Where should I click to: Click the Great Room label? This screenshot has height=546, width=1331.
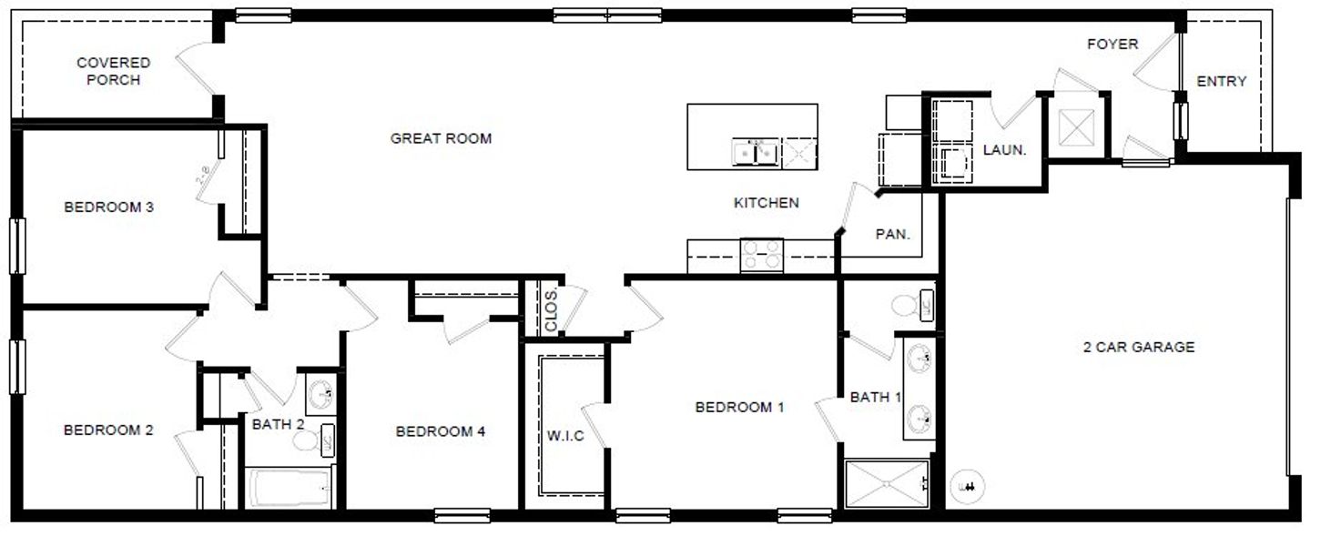click(441, 138)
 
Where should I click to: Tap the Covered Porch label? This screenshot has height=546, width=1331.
click(113, 71)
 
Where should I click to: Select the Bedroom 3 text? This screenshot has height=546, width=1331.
click(108, 207)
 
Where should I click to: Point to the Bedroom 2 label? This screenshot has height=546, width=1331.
click(107, 430)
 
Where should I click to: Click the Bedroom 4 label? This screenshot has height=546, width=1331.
click(440, 431)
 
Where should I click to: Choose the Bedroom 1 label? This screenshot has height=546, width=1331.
click(739, 408)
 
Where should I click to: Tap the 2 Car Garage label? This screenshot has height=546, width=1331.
click(1138, 347)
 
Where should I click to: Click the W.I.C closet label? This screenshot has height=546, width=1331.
click(565, 436)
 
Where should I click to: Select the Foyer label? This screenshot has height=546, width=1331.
click(1112, 44)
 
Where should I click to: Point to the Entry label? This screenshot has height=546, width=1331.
click(1221, 81)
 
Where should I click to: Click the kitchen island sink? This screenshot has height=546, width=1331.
click(756, 153)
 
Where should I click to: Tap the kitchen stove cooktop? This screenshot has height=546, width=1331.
click(761, 255)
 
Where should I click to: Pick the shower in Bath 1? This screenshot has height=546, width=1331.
click(885, 484)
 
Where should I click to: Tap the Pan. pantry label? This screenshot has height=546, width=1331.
click(893, 234)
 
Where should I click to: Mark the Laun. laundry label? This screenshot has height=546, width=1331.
click(1004, 150)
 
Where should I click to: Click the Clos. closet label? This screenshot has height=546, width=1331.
click(552, 310)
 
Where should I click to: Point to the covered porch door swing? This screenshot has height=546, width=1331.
click(196, 68)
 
